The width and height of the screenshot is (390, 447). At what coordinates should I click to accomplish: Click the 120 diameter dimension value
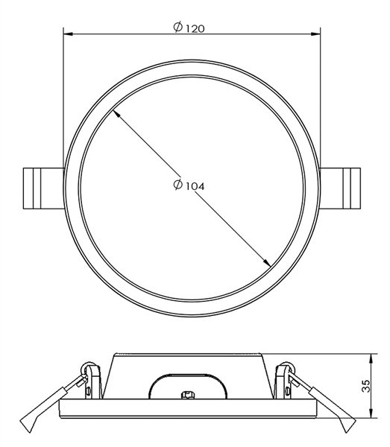[x=195, y=28]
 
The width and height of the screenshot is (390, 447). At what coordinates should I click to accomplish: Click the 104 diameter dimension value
[x=195, y=186]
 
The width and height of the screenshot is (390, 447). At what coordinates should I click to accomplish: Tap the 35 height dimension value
[x=365, y=386]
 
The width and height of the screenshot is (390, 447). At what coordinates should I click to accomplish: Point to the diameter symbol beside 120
[x=178, y=27]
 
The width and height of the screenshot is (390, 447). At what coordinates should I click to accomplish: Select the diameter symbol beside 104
[x=178, y=185]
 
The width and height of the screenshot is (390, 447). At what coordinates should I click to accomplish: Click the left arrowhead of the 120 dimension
[x=68, y=34]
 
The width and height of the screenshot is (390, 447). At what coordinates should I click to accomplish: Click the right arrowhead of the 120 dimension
[x=315, y=34]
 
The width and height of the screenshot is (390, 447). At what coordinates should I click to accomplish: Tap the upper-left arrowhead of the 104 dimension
[x=116, y=114]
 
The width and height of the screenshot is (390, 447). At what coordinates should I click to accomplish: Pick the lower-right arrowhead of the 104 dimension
[x=267, y=263]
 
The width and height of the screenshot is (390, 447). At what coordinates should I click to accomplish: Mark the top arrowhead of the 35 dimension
[x=371, y=359]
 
